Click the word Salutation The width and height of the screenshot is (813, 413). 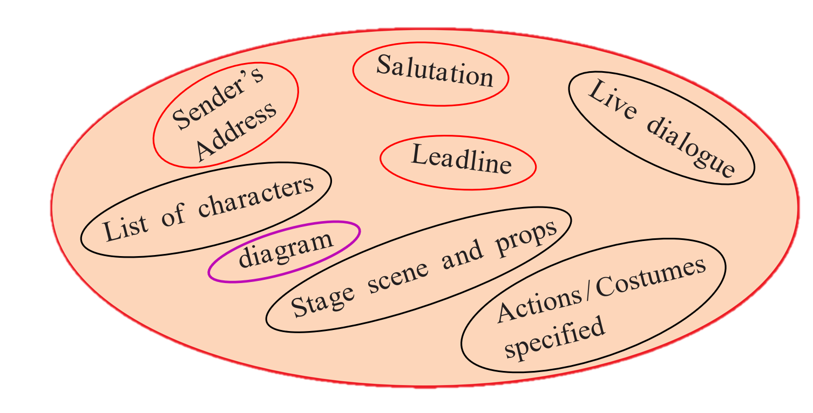pos(435,71)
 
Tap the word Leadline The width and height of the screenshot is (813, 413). pos(462,159)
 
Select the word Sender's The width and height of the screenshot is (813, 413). pos(218,98)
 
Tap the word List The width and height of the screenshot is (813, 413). pos(126,229)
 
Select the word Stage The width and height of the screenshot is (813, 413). pos(322,302)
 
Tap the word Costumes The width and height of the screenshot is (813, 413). pos(651,277)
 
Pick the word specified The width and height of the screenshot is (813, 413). pos(555,337)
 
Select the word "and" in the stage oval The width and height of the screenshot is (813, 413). pos(463,255)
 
